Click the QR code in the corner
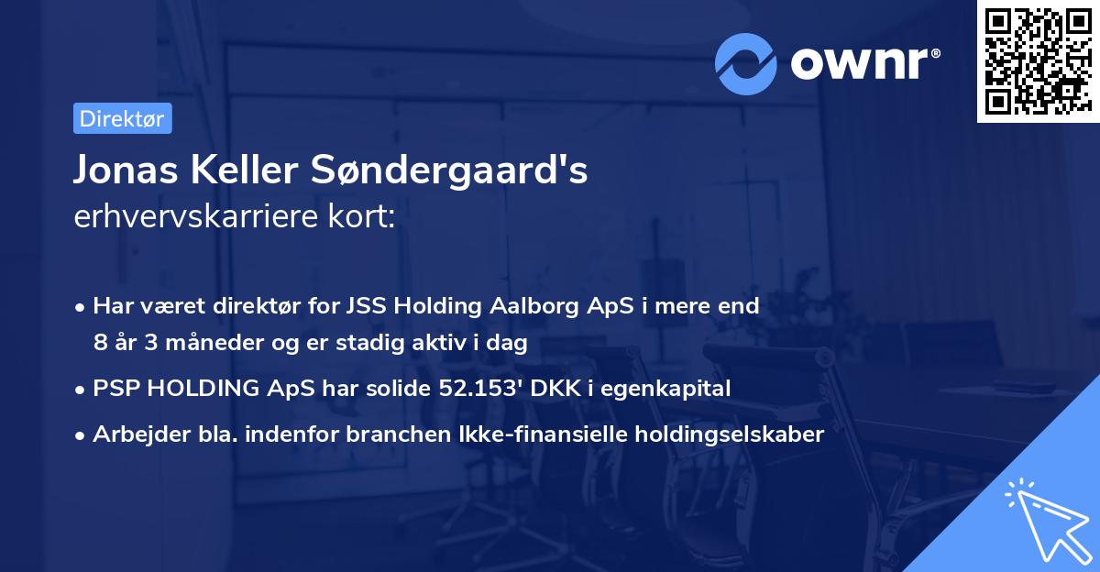[x=1038, y=61]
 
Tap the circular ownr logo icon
[x=746, y=62]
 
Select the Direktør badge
[x=122, y=118]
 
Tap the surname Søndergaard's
[x=449, y=170]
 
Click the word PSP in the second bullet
[x=115, y=389]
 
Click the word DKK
[x=559, y=389]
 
